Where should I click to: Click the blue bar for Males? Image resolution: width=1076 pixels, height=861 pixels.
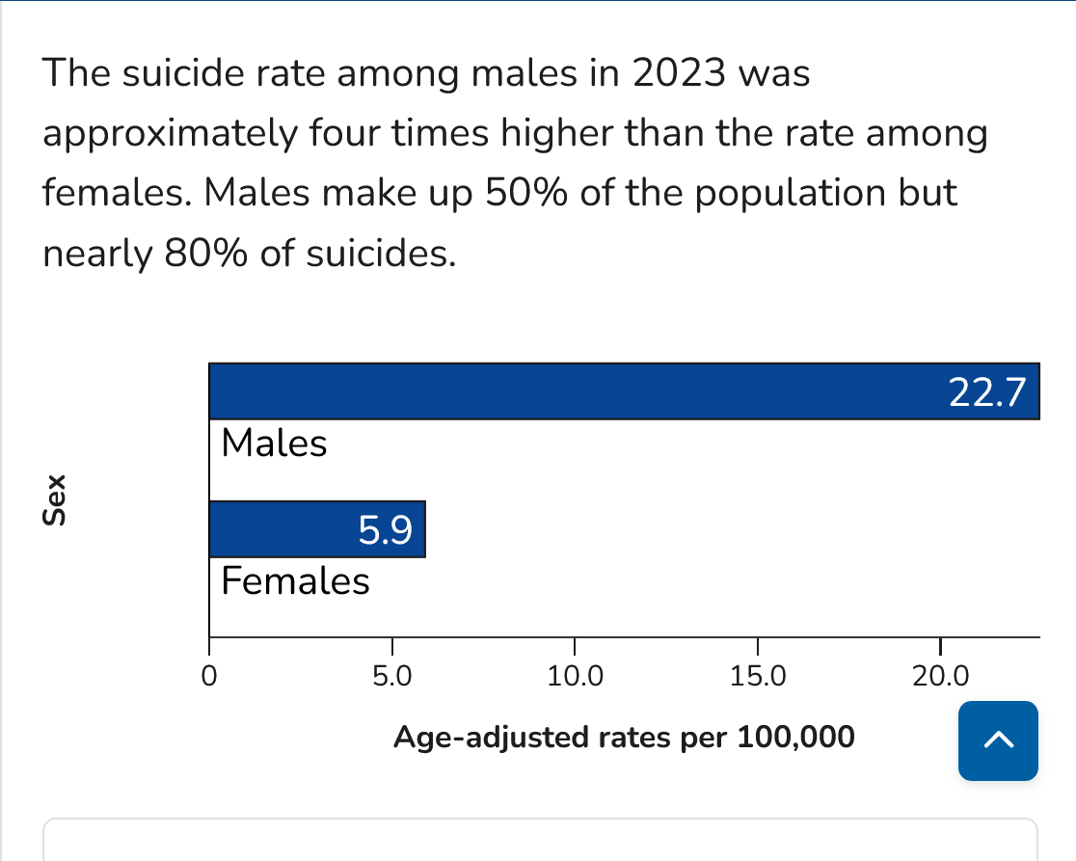click(578, 391)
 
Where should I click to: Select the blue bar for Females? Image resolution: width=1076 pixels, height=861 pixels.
click(289, 529)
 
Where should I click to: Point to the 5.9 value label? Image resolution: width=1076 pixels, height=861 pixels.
click(386, 530)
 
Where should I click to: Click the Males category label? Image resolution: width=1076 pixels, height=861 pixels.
click(275, 444)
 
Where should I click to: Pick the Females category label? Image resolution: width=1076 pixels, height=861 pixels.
click(295, 582)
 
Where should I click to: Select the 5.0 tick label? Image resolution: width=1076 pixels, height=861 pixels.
click(391, 676)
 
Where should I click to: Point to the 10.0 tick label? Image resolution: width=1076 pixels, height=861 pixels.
click(575, 676)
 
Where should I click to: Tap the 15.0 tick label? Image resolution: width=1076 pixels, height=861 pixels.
click(758, 676)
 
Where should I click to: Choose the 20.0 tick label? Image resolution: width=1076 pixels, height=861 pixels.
click(940, 676)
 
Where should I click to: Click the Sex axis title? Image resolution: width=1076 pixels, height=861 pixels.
click(57, 500)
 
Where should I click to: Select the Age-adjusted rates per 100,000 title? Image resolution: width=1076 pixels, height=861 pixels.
click(625, 738)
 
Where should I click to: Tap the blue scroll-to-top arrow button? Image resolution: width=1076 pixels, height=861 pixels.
click(998, 740)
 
